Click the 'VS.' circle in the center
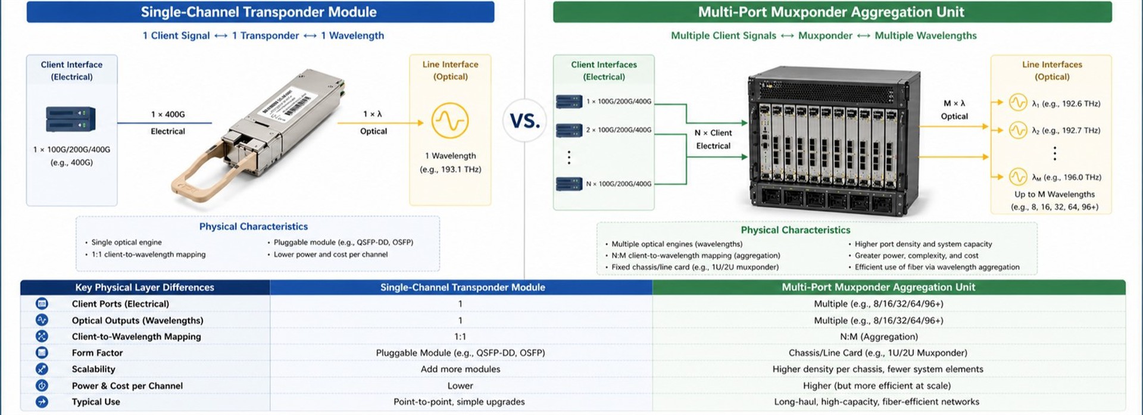pos(524,120)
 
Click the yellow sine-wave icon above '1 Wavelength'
pos(449,121)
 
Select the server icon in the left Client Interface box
pos(71,119)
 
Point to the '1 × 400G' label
pos(168,114)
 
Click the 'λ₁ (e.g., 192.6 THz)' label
pos(1066,104)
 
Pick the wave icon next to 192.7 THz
pos(1017,130)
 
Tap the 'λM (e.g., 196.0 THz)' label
pos(1066,177)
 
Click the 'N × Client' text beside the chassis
pos(713,133)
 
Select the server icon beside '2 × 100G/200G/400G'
pos(569,130)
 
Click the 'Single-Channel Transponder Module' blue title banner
pos(260,12)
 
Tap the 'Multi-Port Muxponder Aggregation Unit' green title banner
pos(831,12)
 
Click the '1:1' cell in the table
pos(460,336)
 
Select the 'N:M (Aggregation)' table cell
pos(879,336)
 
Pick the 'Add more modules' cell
pos(460,369)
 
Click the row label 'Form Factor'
pos(97,352)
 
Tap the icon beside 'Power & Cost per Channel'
pos(42,385)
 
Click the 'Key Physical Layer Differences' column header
pos(144,287)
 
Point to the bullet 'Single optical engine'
pos(126,242)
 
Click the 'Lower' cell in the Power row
pos(460,386)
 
